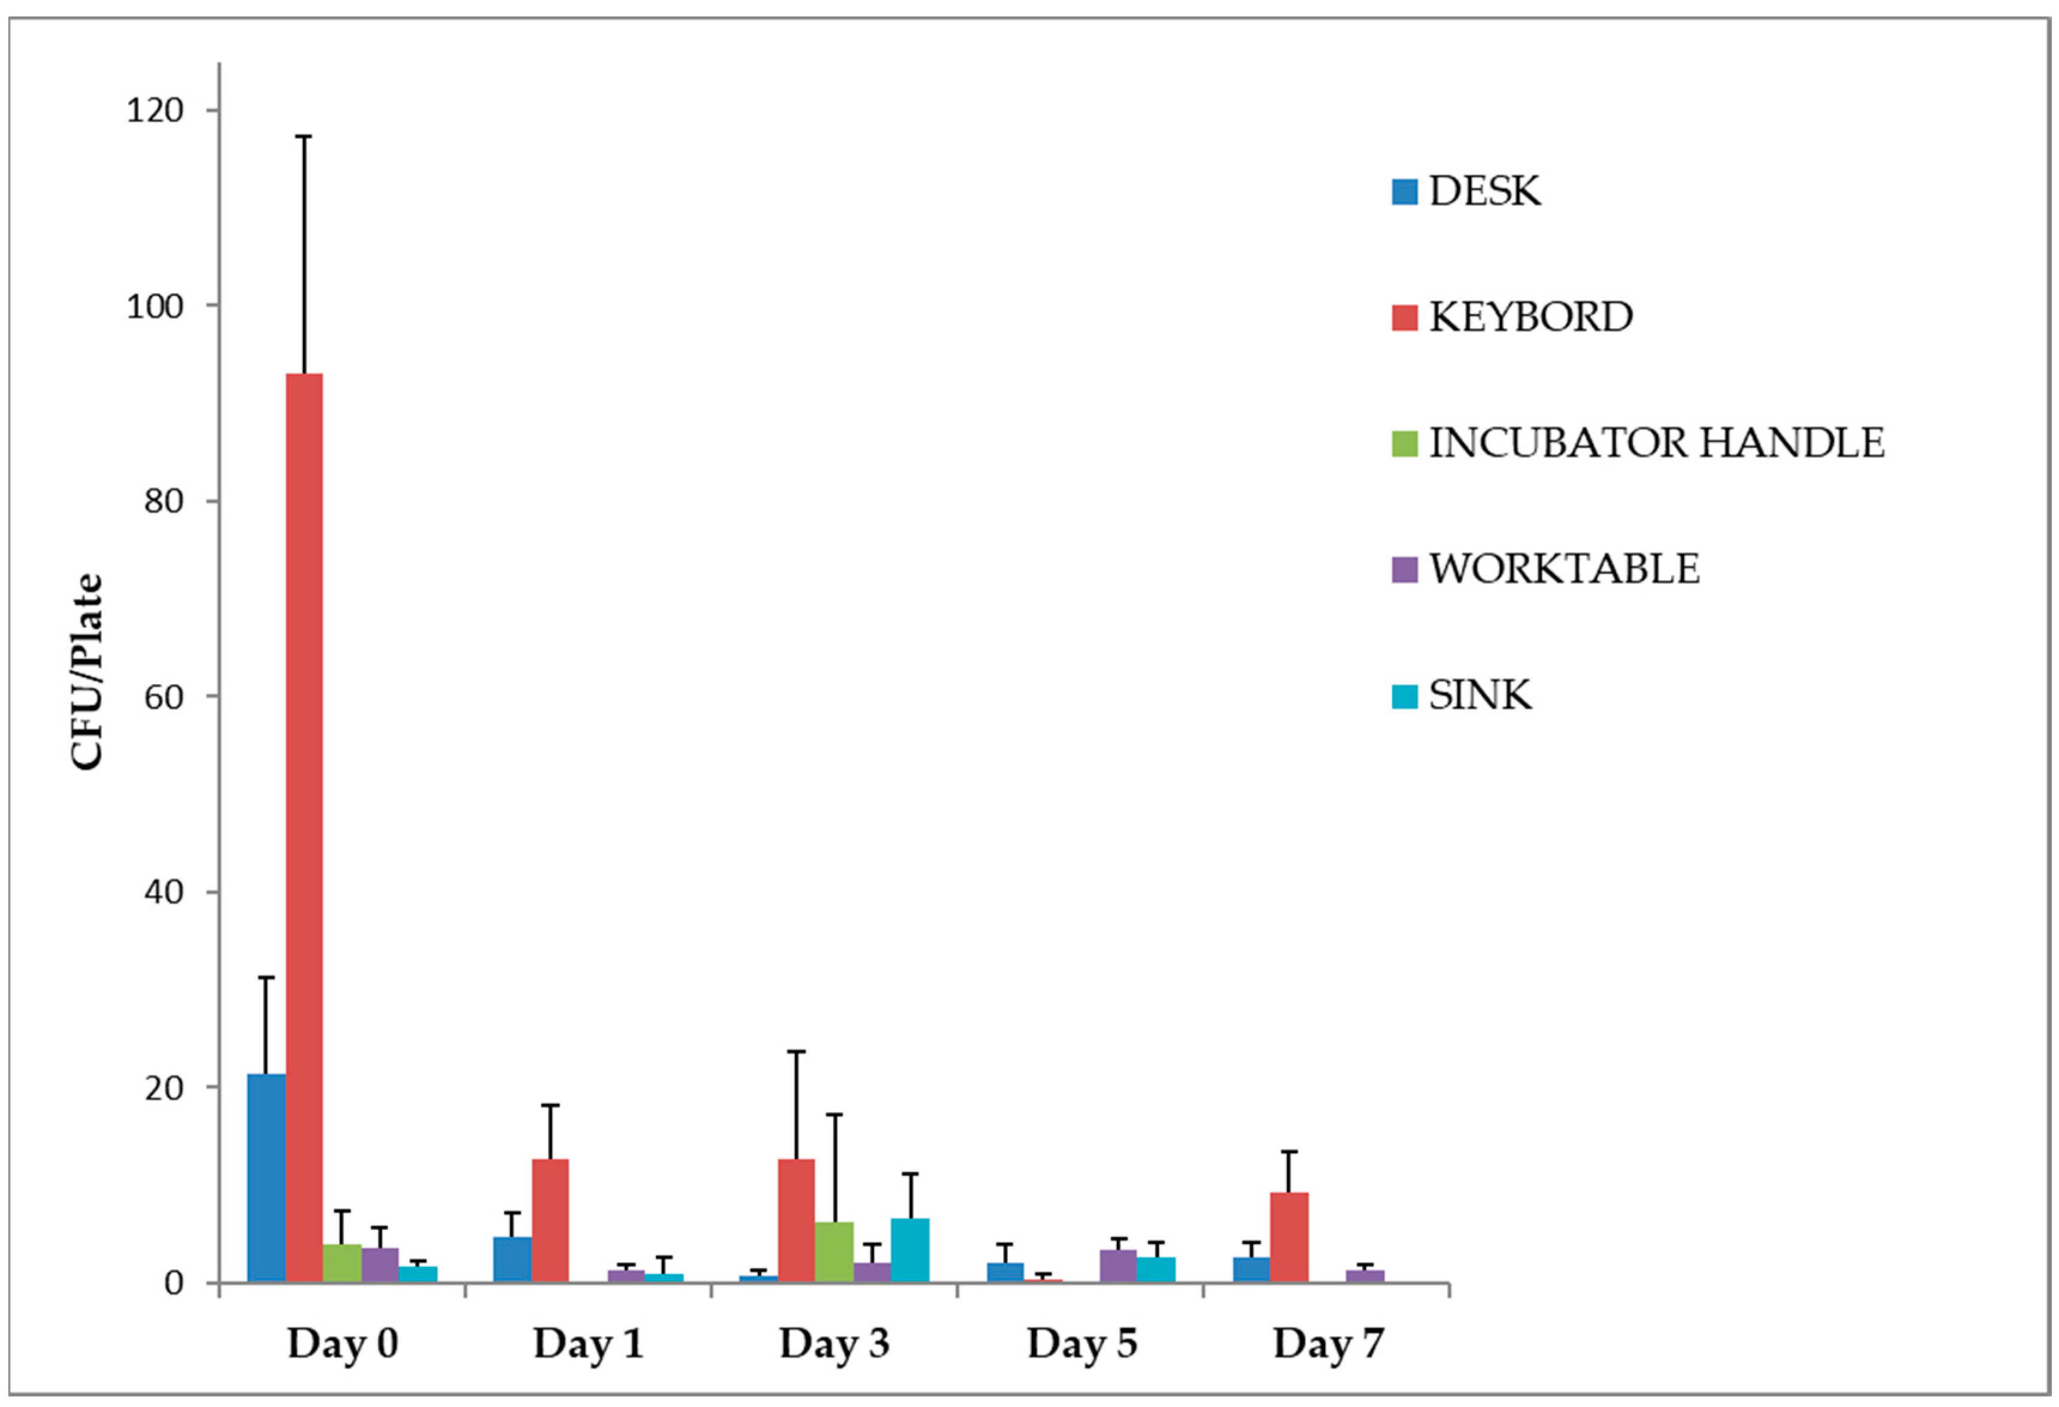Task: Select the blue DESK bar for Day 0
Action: [x=266, y=1178]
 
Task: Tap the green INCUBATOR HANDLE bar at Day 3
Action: [x=834, y=1251]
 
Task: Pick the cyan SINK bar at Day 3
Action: [x=910, y=1250]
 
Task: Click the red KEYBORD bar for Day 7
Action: [x=1289, y=1237]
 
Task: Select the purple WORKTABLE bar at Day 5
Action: [x=1118, y=1265]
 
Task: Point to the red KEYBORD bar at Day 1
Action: [x=550, y=1220]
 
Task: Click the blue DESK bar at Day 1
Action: [x=512, y=1259]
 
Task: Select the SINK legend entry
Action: [x=1480, y=695]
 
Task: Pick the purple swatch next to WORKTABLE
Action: [x=1404, y=569]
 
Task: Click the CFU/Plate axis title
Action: [x=87, y=672]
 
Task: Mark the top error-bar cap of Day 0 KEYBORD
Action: [x=304, y=137]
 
